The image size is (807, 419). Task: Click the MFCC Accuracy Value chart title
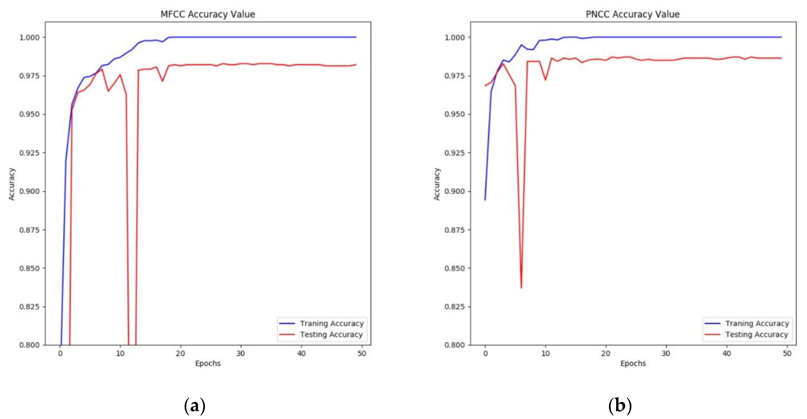point(208,14)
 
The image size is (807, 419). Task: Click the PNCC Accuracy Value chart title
point(633,14)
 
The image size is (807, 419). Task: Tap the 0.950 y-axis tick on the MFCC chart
point(30,114)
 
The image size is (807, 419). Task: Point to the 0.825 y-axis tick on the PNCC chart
point(455,307)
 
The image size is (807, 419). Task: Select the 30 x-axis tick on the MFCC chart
point(241,354)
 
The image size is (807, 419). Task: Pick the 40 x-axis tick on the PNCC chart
point(726,354)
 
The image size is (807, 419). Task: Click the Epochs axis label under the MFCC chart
point(208,363)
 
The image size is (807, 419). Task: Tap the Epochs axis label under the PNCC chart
point(633,363)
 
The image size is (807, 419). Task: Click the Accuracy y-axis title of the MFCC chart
point(12,184)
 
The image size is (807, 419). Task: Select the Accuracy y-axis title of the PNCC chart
point(437,184)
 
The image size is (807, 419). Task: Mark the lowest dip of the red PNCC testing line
point(521,288)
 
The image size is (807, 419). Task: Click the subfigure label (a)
point(195,406)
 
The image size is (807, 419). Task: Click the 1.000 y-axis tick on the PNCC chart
point(455,38)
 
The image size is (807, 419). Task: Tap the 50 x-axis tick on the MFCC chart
point(362,354)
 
